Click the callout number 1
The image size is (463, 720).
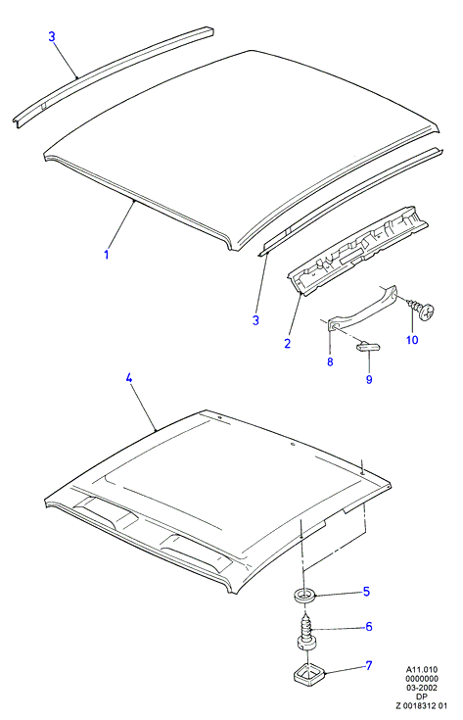pos(107,254)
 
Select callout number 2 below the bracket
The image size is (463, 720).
pos(287,343)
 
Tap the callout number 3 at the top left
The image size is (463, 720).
pos(52,36)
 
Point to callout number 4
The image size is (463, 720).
pos(129,378)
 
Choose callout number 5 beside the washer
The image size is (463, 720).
pos(366,592)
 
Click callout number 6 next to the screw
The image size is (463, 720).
pos(368,627)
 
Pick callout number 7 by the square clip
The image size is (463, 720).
pos(368,665)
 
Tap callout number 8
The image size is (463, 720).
pos(330,361)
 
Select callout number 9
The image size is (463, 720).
pos(369,379)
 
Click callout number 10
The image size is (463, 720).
pos(412,340)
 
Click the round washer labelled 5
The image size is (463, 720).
pos(303,597)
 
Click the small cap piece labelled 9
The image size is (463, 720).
pos(366,346)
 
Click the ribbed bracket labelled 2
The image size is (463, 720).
pos(358,249)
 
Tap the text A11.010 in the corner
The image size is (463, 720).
pos(422,669)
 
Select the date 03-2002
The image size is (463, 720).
pos(422,688)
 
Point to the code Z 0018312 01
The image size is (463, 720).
pos(422,705)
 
